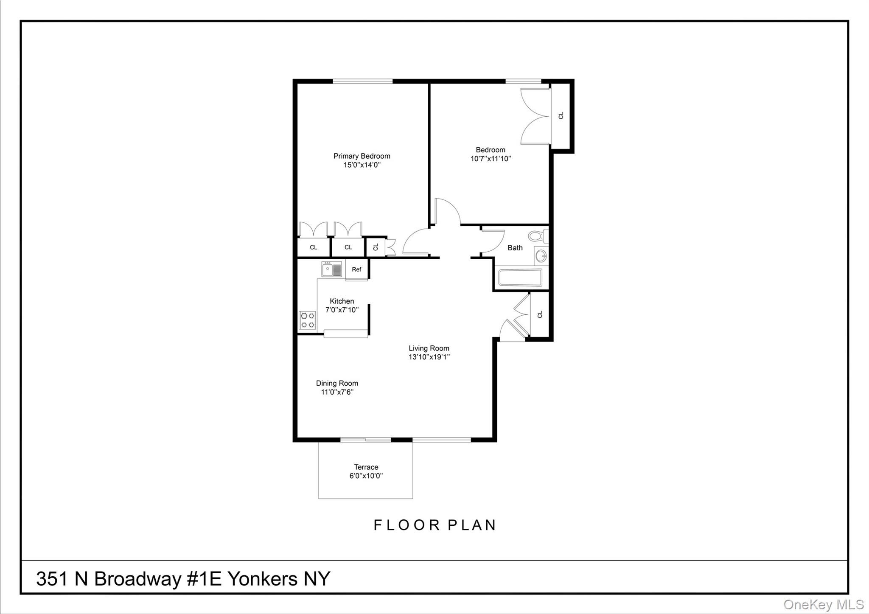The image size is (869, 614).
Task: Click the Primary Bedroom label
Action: pyautogui.click(x=362, y=156)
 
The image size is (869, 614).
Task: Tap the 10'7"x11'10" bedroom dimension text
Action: pyautogui.click(x=491, y=159)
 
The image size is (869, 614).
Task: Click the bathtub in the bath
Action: pyautogui.click(x=520, y=278)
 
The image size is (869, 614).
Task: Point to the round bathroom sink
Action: pyautogui.click(x=541, y=256)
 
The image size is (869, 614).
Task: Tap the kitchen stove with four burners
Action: pyautogui.click(x=307, y=320)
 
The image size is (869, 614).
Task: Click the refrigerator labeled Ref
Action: pyautogui.click(x=356, y=269)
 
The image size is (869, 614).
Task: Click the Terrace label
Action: pyautogui.click(x=366, y=467)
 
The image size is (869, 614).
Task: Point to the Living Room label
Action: pyautogui.click(x=429, y=348)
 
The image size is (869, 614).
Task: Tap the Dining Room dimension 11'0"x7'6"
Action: pyautogui.click(x=337, y=392)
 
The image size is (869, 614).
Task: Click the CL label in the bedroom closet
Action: pyautogui.click(x=561, y=115)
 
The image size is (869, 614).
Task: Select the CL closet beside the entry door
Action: pyautogui.click(x=540, y=314)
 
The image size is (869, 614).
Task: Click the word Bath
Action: pyautogui.click(x=515, y=248)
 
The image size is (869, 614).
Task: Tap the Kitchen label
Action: pyautogui.click(x=342, y=301)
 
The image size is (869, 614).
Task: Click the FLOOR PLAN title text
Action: pyautogui.click(x=434, y=525)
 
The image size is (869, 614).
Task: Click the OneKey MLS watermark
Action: pyautogui.click(x=823, y=604)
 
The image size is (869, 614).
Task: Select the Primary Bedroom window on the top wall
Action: pyautogui.click(x=362, y=81)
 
